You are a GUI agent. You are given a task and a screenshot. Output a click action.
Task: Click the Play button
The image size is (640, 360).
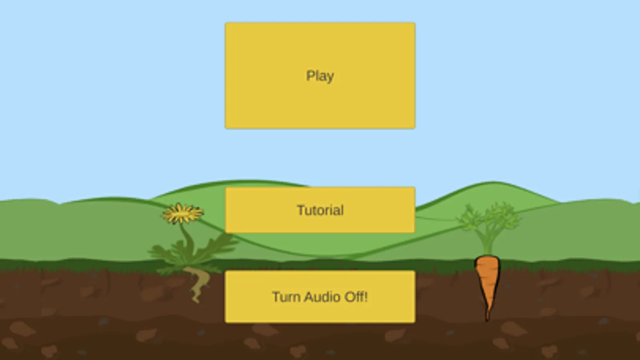tap(320, 76)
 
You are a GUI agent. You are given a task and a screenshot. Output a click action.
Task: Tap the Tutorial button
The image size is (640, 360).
tap(320, 210)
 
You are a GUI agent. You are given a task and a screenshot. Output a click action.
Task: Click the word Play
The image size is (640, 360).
tap(320, 76)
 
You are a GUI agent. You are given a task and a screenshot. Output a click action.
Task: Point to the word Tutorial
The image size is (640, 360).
tap(320, 210)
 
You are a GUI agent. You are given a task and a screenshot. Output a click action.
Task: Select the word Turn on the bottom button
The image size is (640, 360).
tap(287, 297)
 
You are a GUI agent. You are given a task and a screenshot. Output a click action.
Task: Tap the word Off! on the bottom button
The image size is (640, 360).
tap(356, 297)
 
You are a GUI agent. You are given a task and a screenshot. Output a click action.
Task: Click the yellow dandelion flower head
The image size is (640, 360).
tap(182, 213)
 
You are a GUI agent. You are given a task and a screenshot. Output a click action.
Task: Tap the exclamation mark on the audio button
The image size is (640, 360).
tap(365, 297)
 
